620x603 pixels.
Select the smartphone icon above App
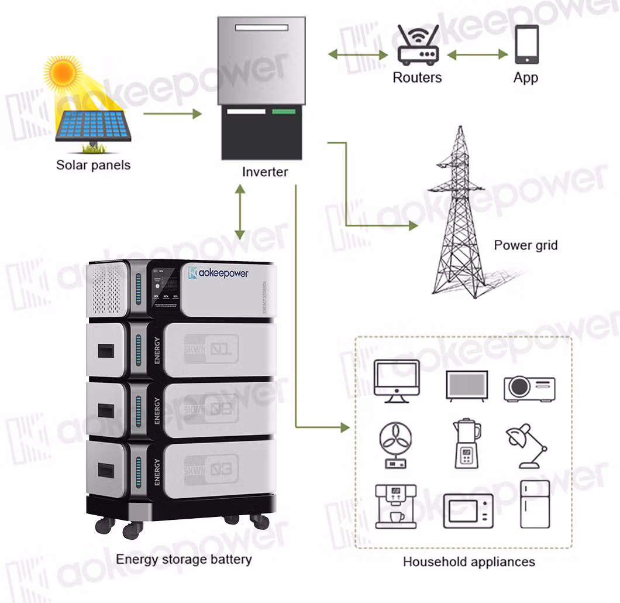(526, 44)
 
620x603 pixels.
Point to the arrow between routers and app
(477, 54)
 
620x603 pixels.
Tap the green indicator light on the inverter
(284, 111)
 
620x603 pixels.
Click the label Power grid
(525, 245)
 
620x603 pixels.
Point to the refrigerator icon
(535, 503)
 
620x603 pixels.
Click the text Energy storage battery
(184, 559)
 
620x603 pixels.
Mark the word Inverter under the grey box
(265, 172)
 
